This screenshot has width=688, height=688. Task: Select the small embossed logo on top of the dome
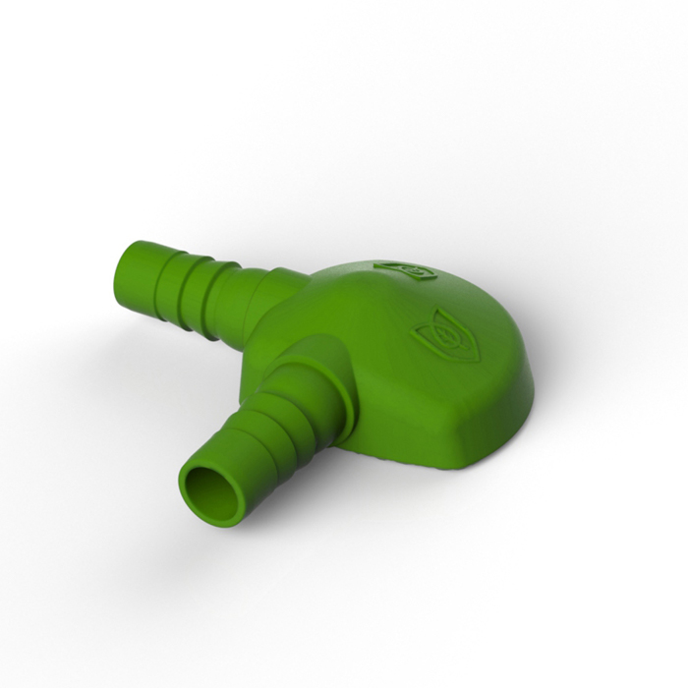click(404, 269)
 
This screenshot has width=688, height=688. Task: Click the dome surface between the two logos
click(423, 300)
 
